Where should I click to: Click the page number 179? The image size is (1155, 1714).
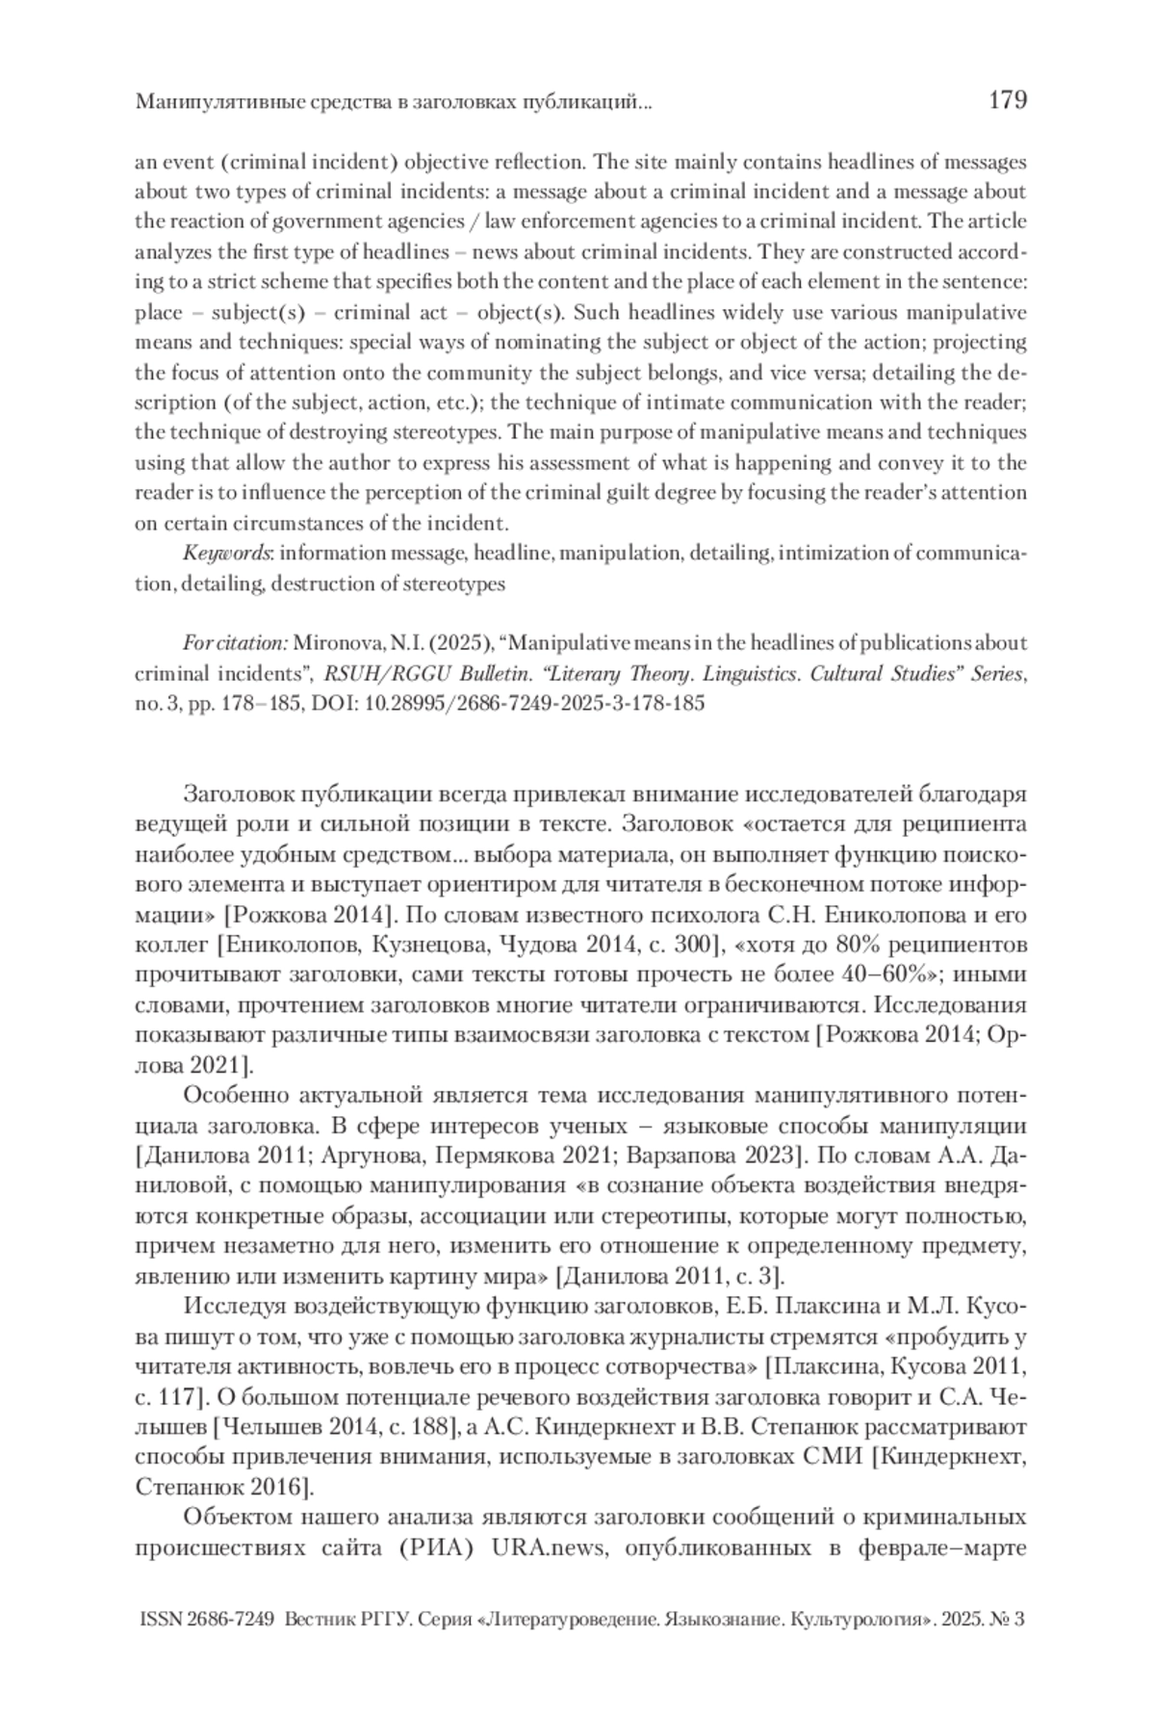tap(1008, 100)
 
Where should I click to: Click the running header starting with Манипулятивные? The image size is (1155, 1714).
tap(394, 101)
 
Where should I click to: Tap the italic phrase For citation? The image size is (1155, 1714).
tap(235, 643)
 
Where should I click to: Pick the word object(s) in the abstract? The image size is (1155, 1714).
tap(536, 313)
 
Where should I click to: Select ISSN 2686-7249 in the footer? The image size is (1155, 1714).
tap(207, 1621)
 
